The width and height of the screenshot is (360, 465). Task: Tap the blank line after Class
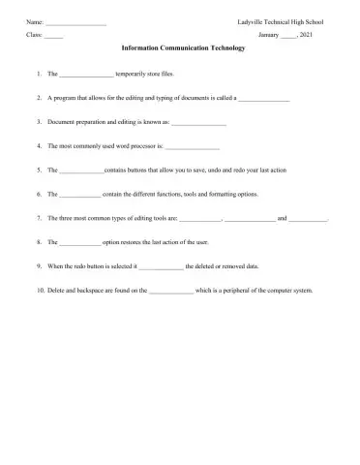53,35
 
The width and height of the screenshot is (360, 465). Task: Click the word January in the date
270,34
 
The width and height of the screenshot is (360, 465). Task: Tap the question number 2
36,99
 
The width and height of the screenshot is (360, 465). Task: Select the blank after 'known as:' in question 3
198,124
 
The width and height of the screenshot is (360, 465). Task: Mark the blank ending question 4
192,148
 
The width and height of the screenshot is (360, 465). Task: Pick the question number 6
36,195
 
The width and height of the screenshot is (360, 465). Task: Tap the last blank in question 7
309,219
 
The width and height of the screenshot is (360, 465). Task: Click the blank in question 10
171,291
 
